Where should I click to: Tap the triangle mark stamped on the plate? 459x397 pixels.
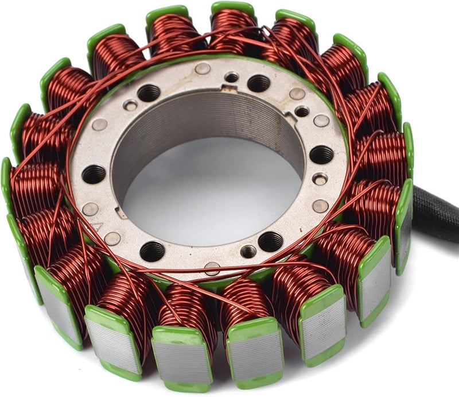pyautogui.click(x=98, y=226)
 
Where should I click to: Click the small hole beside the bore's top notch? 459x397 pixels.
pyautogui.click(x=232, y=76)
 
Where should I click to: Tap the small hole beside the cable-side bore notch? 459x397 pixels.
pyautogui.click(x=302, y=111)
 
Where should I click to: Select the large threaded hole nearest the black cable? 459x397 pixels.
pyautogui.click(x=322, y=154)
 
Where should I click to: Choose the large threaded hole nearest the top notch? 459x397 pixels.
pyautogui.click(x=258, y=83)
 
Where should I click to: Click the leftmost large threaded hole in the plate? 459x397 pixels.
pyautogui.click(x=94, y=174)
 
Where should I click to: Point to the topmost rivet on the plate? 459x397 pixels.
pyautogui.click(x=203, y=68)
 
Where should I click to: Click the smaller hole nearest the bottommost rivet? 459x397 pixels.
pyautogui.click(x=248, y=252)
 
